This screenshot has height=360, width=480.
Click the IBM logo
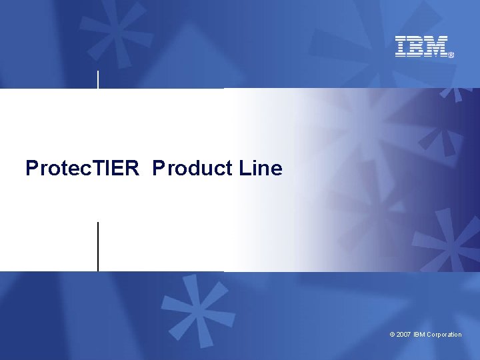pos(423,46)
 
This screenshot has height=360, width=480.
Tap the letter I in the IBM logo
pos(401,46)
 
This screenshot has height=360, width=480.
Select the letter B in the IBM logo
pos(416,46)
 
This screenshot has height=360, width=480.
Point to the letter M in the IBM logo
pos(435,46)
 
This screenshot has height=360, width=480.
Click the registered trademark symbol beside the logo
pos(451,55)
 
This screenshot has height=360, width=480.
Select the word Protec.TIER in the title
pos(82,168)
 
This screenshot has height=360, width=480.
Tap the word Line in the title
pos(260,168)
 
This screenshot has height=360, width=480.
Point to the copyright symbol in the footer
pos(392,335)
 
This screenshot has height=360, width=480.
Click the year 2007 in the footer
pos(403,335)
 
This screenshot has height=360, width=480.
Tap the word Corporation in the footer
pos(444,335)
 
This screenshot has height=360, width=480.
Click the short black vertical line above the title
pos(99,79)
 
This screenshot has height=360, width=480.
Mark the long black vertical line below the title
pos(98,247)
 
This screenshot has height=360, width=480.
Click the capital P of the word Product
pos(158,168)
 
